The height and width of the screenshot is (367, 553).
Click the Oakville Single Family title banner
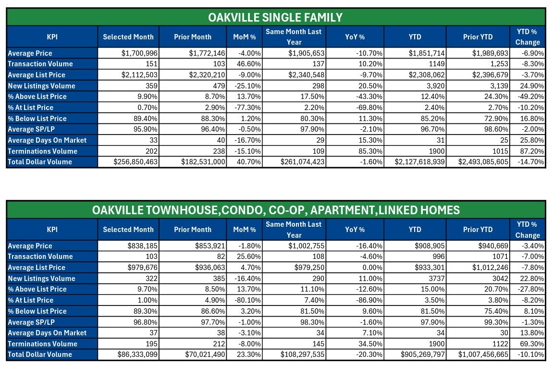tap(275, 18)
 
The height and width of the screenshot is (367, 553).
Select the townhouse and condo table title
tap(275, 210)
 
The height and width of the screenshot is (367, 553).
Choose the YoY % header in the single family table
tap(355, 37)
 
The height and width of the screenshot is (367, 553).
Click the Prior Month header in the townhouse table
tap(193, 230)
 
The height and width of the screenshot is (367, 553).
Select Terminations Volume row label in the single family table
tap(42, 151)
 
